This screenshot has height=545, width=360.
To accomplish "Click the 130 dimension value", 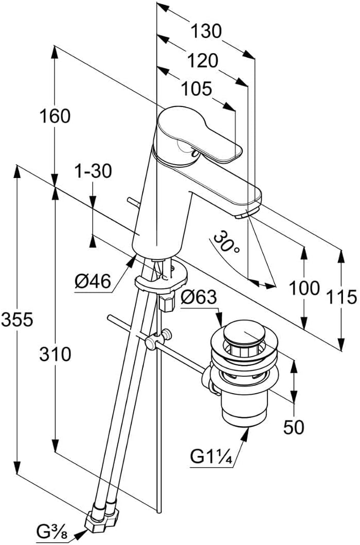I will tap(206, 31).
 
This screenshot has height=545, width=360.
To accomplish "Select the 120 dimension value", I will tap(202, 61).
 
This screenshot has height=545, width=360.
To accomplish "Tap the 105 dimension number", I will tap(196, 89).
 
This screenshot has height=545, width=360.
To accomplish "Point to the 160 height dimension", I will tap(55, 116).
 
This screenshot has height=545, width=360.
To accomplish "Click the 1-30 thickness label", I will tap(93, 171).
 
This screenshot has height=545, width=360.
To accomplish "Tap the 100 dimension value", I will tap(304, 288).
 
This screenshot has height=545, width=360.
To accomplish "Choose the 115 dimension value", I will tap(342, 297).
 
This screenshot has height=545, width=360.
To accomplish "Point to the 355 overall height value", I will tap(17, 320).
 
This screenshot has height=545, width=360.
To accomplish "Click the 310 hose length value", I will tap(55, 354).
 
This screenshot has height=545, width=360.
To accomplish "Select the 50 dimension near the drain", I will tap(294, 427).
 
